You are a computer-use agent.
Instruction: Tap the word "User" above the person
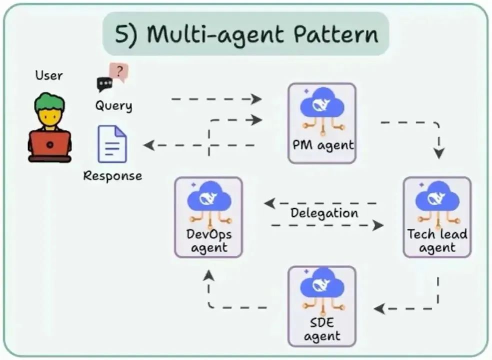49,76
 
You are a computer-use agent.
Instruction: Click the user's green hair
49,101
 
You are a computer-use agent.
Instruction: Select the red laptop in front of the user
49,145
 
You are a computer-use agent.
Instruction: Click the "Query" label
114,105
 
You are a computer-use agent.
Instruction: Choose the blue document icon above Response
112,143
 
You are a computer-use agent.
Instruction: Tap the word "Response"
112,176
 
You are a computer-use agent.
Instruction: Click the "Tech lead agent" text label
437,240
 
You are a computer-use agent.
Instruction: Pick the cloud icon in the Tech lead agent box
437,197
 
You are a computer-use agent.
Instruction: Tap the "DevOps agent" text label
209,240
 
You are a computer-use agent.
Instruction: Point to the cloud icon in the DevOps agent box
209,197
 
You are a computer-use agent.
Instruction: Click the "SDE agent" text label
322,329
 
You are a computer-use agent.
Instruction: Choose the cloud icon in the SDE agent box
322,286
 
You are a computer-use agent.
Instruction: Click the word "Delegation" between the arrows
324,213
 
